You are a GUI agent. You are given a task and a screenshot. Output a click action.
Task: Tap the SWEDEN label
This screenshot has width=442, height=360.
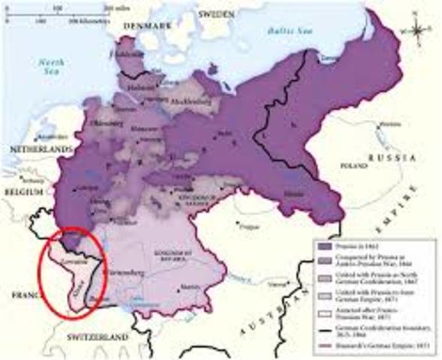tap(215, 14)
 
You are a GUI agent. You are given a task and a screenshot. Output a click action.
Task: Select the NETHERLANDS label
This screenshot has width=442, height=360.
tap(37, 151)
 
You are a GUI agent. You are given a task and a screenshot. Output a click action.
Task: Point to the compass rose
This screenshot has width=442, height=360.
tap(417, 30)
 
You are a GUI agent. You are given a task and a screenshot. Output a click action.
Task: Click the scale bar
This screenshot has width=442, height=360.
tap(68, 16)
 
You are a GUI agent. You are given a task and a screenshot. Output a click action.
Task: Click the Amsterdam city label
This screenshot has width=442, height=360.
tap(34, 137)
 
